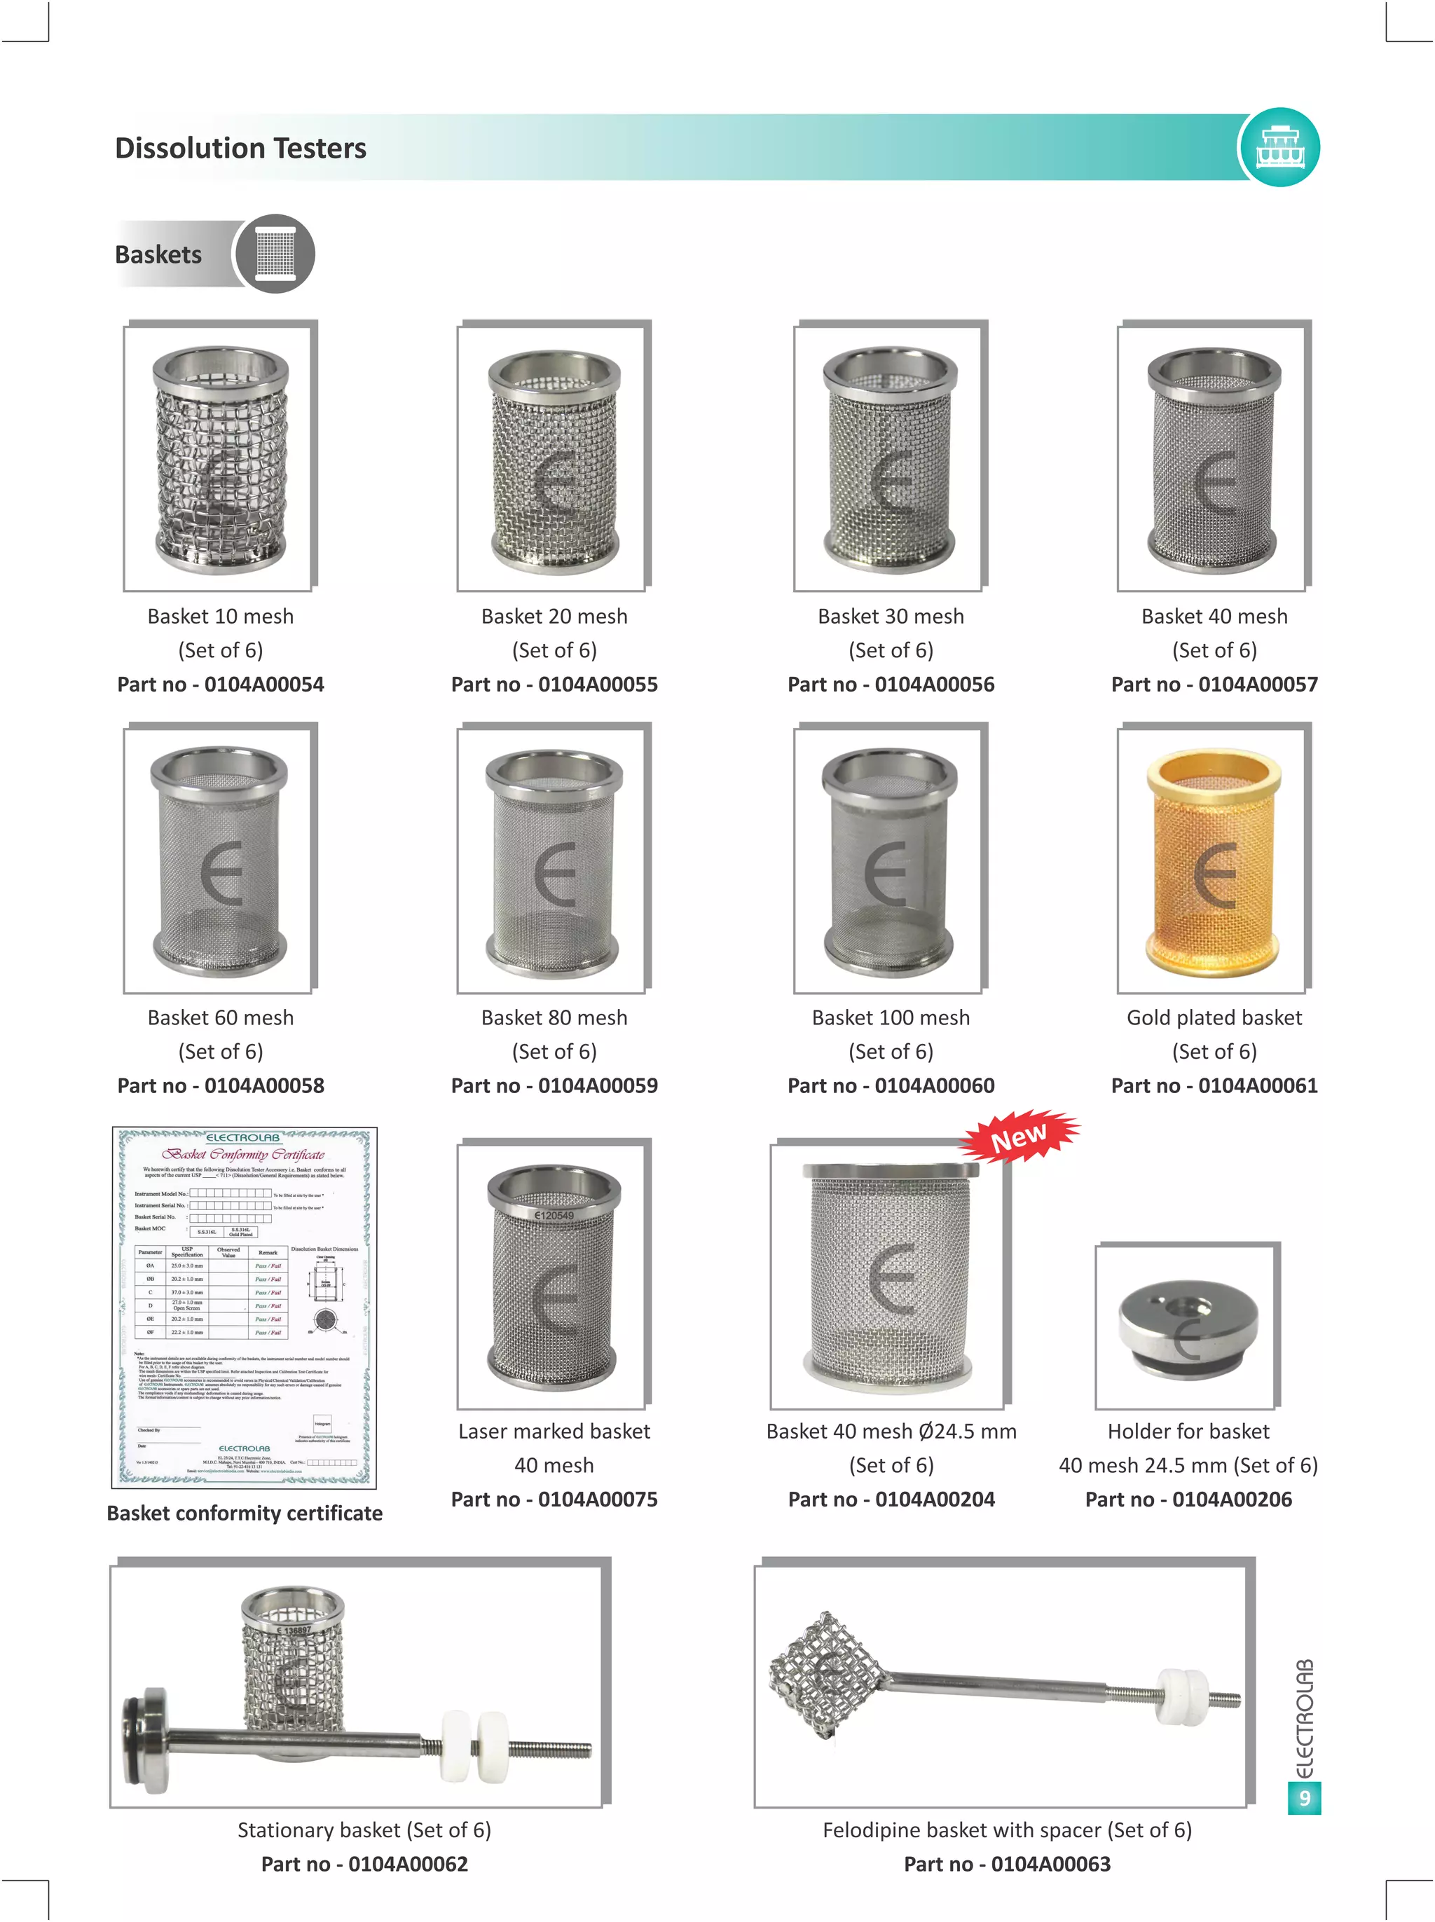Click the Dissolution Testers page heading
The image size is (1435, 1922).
coord(240,149)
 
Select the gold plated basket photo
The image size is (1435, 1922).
coord(1214,859)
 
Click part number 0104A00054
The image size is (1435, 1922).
coord(221,685)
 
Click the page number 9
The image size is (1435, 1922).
coord(1304,1797)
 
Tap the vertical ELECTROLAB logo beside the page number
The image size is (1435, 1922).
coord(1304,1718)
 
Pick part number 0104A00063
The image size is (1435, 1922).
coord(1007,1864)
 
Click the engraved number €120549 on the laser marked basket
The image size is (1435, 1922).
coord(554,1215)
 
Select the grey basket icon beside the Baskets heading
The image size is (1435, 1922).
coord(275,254)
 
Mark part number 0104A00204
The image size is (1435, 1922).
coord(891,1499)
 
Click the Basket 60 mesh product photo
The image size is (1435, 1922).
coord(220,859)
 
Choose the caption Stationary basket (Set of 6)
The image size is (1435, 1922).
coord(364,1830)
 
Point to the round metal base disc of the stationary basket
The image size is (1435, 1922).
coord(146,1736)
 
